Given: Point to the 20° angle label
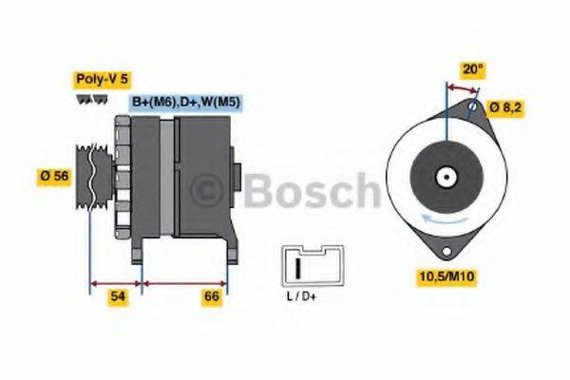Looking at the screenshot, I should (x=473, y=68).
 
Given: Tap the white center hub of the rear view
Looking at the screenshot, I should (x=444, y=177).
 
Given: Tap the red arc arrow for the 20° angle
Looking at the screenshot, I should (x=462, y=87).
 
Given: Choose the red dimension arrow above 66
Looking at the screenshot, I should (x=184, y=282).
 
